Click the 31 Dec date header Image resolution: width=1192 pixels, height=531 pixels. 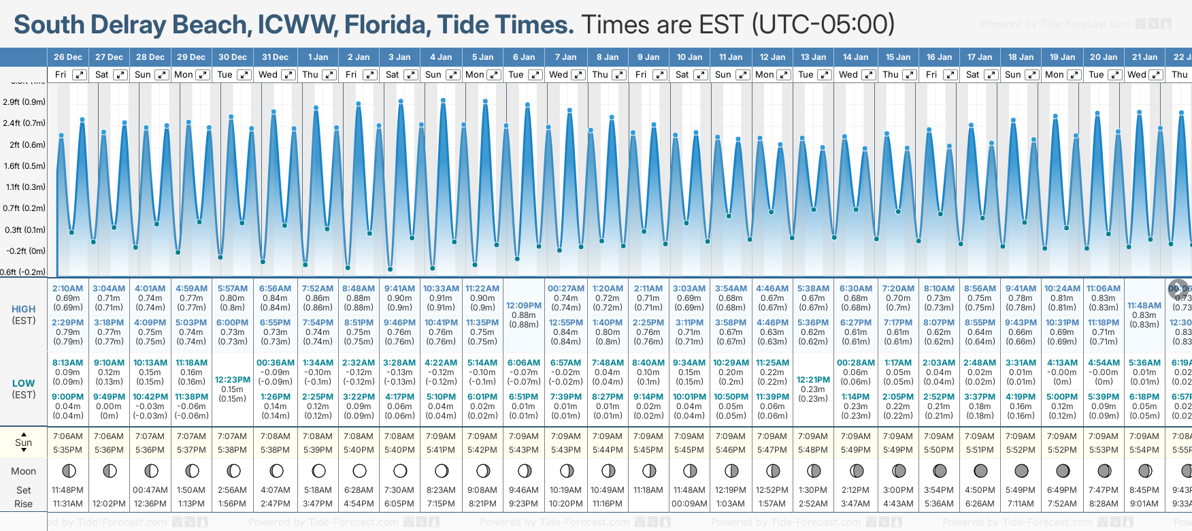pos(275,57)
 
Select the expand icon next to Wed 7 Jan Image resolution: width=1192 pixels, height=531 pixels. pos(578,75)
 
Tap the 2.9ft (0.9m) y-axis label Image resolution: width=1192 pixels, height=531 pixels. pos(24,102)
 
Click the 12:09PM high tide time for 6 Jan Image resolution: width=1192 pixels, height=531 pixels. pos(524,306)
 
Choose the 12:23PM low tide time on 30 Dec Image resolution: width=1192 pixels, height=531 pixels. pos(233,380)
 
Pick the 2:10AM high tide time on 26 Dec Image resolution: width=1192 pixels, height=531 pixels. pos(67,289)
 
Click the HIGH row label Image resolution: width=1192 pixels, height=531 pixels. pos(24,309)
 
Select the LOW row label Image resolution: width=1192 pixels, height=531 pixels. pos(24,383)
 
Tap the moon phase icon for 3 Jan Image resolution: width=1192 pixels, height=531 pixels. pos(400,470)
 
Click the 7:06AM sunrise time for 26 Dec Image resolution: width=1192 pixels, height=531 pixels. pos(67,436)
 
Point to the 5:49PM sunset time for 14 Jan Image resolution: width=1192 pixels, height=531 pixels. pos(855,450)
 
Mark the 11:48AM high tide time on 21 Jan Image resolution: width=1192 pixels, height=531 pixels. pos(1144,306)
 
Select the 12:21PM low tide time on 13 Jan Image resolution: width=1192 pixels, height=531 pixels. pos(813,380)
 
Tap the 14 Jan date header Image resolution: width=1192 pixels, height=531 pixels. pos(855,57)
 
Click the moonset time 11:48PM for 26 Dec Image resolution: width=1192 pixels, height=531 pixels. pos(67,490)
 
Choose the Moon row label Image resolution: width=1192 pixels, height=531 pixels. pos(24,471)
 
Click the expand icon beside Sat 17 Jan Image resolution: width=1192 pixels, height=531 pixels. pos(991,75)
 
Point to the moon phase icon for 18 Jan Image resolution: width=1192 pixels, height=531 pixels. pos(1021,470)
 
